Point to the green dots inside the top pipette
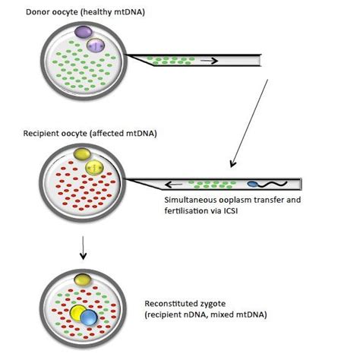click(163, 58)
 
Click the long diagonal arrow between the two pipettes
click(250, 122)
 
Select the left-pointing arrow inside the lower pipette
click(177, 183)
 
